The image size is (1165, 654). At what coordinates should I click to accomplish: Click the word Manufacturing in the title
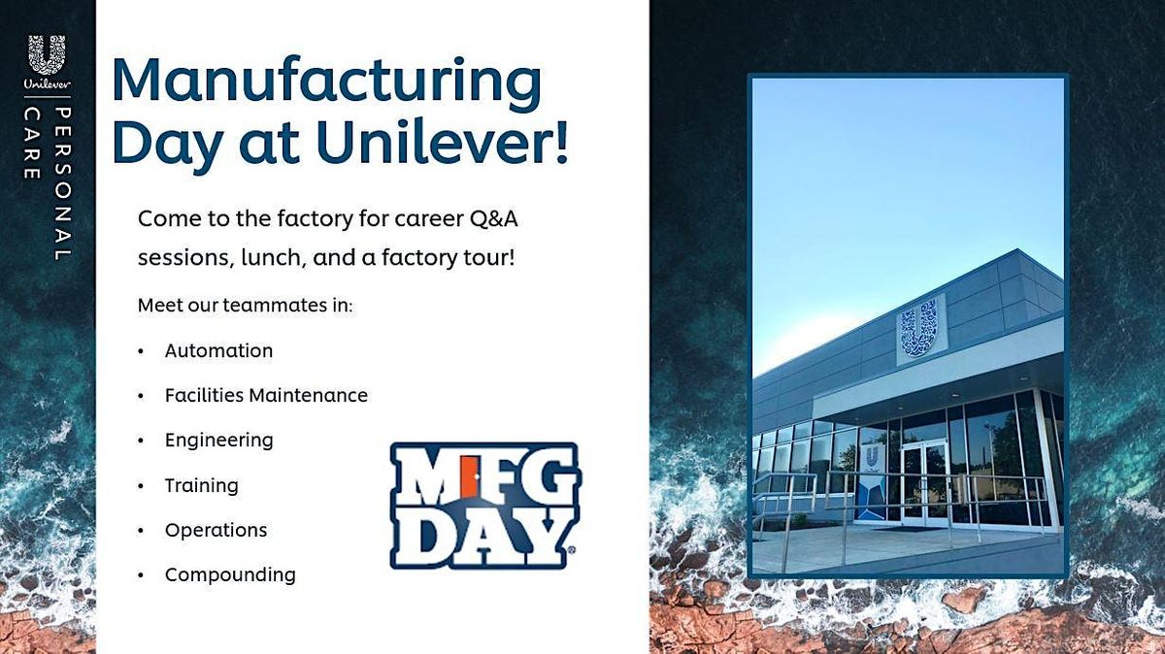point(326,83)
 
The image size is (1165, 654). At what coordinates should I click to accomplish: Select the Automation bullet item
point(218,350)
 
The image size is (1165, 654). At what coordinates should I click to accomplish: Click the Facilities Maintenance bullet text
point(266,395)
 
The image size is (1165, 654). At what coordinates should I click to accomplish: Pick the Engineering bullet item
point(218,440)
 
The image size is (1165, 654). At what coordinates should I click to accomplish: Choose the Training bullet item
point(201,484)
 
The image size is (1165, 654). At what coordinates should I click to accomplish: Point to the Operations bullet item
point(216,530)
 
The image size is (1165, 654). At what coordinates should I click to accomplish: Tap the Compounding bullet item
point(230,574)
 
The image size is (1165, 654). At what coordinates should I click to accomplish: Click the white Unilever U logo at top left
point(47,56)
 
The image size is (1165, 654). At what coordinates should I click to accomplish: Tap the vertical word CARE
point(31,144)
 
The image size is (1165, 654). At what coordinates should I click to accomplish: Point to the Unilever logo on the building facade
point(919,327)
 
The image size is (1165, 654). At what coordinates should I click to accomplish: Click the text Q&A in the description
point(494,218)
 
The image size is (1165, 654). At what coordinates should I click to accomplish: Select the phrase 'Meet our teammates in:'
point(245,306)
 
